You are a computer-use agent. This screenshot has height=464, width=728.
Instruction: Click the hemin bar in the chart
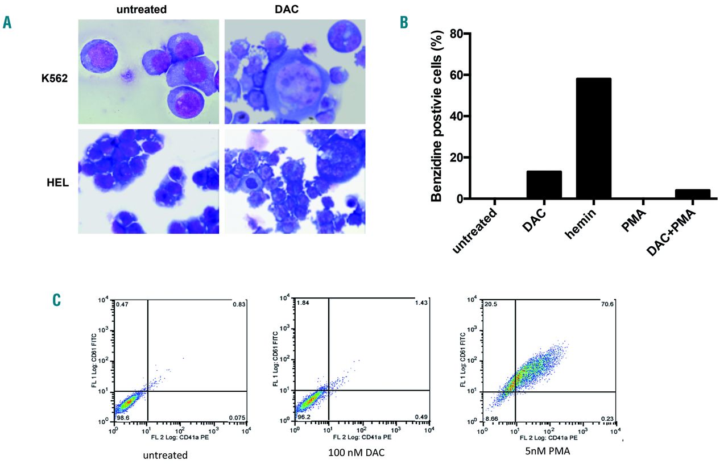[x=593, y=139]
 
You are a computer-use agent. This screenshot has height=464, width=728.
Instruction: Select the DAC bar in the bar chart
[x=544, y=185]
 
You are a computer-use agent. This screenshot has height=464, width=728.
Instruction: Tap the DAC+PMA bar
[x=692, y=194]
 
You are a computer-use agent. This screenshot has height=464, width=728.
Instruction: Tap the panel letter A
[x=7, y=23]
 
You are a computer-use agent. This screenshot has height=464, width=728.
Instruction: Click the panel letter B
[x=404, y=23]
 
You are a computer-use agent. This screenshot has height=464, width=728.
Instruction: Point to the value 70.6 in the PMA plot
[x=607, y=304]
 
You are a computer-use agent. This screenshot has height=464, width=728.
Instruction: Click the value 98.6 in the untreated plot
[x=123, y=417]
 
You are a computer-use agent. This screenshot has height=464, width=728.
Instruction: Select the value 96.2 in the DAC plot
[x=303, y=417]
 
